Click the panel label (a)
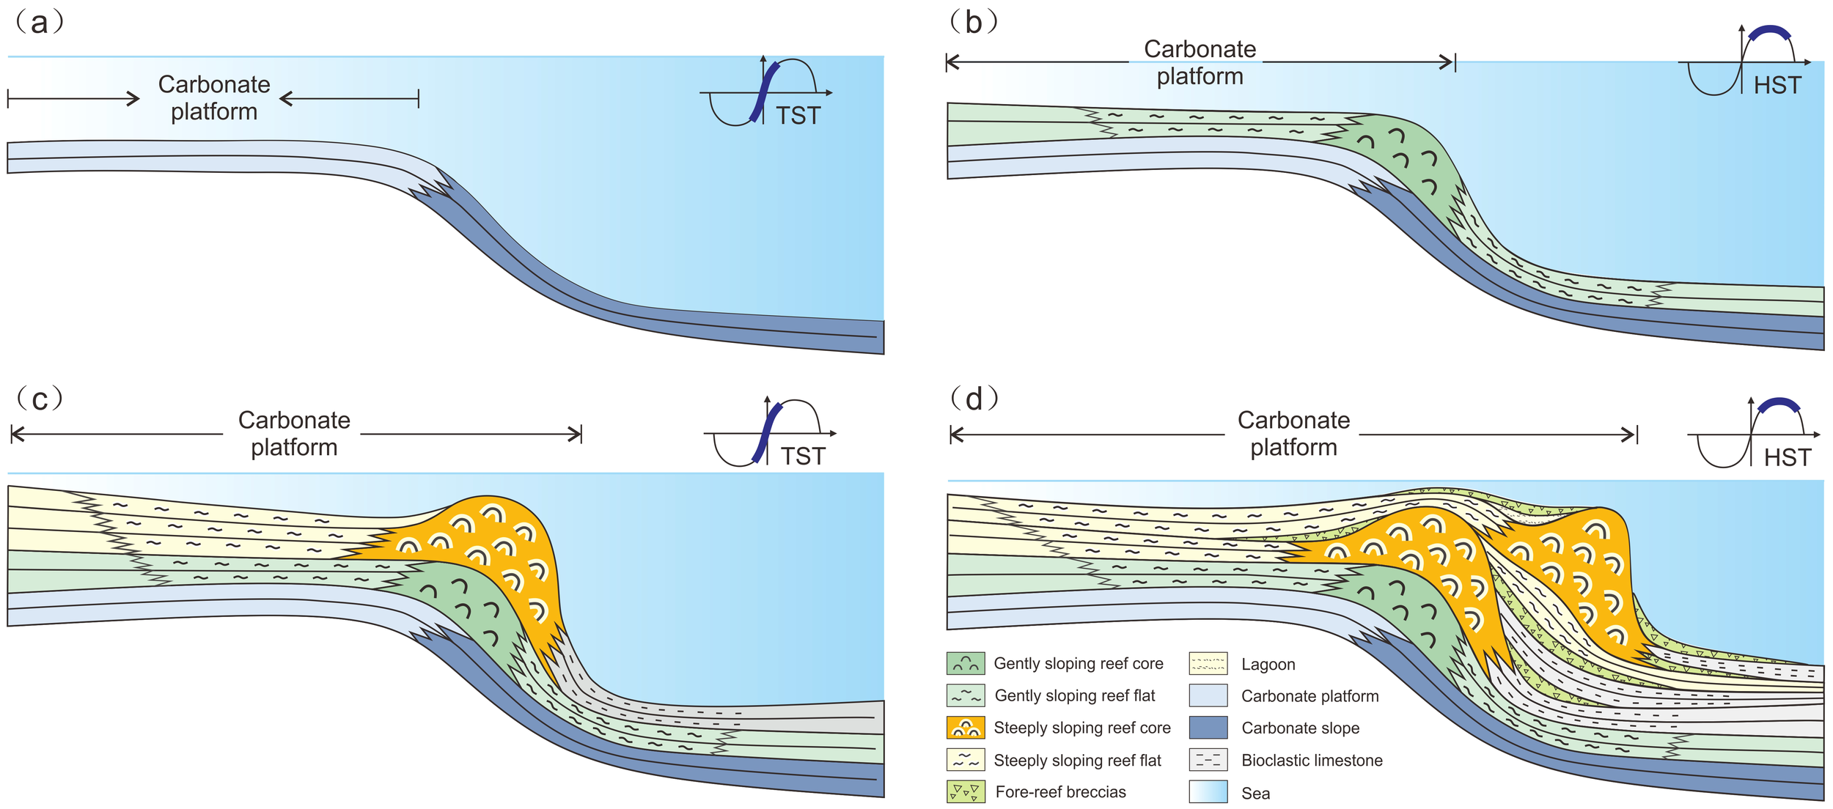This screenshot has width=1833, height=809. point(40,23)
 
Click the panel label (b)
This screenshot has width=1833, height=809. point(973,23)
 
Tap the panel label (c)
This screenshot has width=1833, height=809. point(40,399)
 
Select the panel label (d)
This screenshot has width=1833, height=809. point(974,399)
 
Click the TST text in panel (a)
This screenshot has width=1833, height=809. point(798,116)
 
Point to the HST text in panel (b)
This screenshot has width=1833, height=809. point(1777,86)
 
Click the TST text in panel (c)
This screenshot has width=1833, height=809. point(803,457)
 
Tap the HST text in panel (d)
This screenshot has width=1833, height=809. point(1787,458)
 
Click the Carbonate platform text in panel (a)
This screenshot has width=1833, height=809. point(214,98)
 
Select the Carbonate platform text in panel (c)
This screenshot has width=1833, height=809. point(294,434)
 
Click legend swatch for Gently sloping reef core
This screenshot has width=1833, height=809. point(965,664)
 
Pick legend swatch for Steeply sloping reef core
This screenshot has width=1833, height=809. point(965,728)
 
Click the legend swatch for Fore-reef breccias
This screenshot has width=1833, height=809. point(965,792)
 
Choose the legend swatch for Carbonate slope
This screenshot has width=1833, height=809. point(1208,728)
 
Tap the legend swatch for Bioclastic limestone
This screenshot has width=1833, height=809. point(1208,760)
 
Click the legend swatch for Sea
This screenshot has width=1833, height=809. point(1208,792)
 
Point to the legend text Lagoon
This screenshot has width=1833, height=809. point(1268,665)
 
